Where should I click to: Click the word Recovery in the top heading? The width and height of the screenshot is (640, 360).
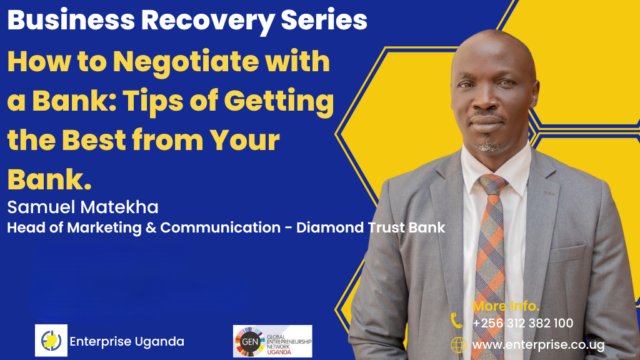point(207,21)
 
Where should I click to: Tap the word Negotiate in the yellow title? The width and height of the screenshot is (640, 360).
point(186,62)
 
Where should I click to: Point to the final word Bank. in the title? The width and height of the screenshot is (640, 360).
point(49,179)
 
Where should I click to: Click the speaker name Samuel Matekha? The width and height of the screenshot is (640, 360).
point(83,207)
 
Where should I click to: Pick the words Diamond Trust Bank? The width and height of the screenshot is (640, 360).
point(370,227)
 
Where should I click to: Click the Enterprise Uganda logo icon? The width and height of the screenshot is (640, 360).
point(51,341)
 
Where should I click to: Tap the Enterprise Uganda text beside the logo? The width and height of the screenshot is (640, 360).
point(127,341)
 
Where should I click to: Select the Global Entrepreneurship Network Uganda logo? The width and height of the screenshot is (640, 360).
point(272,341)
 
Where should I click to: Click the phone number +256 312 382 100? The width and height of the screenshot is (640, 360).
point(523,323)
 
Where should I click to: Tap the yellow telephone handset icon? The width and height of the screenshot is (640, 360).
point(456,321)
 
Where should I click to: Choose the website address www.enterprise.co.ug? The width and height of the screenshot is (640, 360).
point(538,345)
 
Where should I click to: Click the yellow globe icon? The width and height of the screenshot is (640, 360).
point(458,345)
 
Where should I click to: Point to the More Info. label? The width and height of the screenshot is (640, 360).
point(506,306)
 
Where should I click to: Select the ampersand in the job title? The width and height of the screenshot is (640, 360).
point(151,227)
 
